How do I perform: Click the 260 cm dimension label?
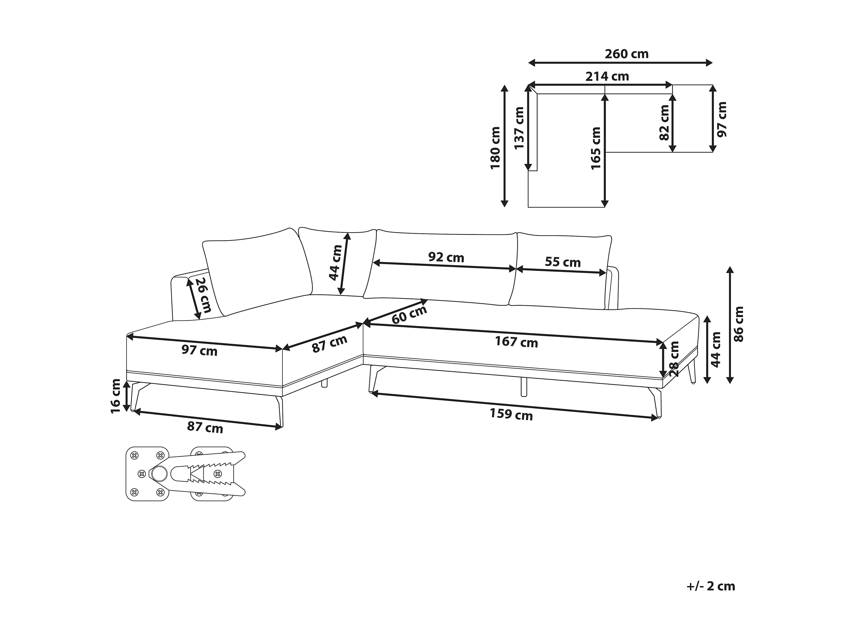(627, 54)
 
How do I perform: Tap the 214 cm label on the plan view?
(607, 77)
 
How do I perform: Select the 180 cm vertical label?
(495, 148)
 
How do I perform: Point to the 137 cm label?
(519, 128)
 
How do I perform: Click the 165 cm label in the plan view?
(596, 148)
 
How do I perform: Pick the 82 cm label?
(665, 123)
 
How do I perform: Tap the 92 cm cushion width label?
(446, 257)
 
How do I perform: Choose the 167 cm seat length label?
(517, 342)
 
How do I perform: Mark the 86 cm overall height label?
(738, 324)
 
